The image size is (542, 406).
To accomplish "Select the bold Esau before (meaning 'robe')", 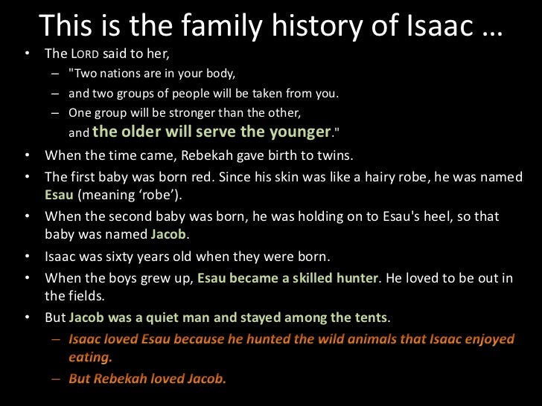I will (59, 196).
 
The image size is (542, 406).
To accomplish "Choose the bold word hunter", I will (357, 278).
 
